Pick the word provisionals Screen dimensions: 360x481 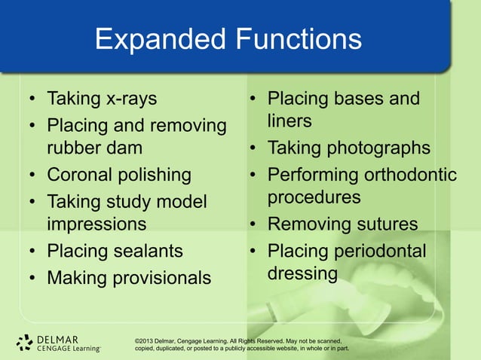coord(162,278)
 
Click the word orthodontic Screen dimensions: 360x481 coord(410,175)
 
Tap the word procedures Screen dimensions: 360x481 coord(314,197)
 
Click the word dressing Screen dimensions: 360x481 coord(302,273)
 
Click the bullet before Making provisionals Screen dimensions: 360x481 coord(32,278)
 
